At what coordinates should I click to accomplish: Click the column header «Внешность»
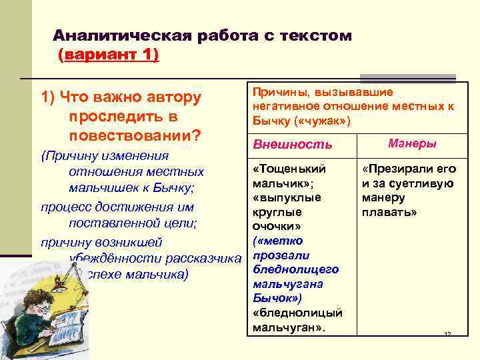coord(291,145)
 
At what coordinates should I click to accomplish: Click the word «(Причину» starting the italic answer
coord(70,156)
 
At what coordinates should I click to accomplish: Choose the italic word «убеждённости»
coord(111,258)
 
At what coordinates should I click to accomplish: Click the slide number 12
coord(448,333)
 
